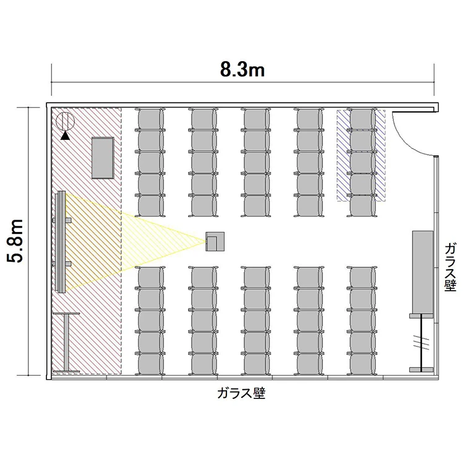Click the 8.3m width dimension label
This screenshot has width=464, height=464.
(x=242, y=71)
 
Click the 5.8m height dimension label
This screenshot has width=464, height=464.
(x=15, y=241)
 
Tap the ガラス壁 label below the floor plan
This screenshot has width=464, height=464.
(x=241, y=393)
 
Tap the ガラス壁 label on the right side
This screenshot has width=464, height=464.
(x=450, y=267)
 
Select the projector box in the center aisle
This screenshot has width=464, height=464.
(x=215, y=241)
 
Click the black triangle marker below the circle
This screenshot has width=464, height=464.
(x=65, y=136)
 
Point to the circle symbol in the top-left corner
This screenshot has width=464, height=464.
(x=65, y=121)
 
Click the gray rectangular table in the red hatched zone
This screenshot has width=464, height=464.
(x=103, y=158)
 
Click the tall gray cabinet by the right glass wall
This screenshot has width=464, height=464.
(x=423, y=272)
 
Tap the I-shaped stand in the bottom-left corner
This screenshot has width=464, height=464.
(x=66, y=342)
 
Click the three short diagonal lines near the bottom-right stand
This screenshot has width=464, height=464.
(x=421, y=343)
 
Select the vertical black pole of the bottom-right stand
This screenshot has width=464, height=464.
(x=421, y=342)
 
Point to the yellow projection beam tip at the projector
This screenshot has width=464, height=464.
(x=206, y=242)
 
